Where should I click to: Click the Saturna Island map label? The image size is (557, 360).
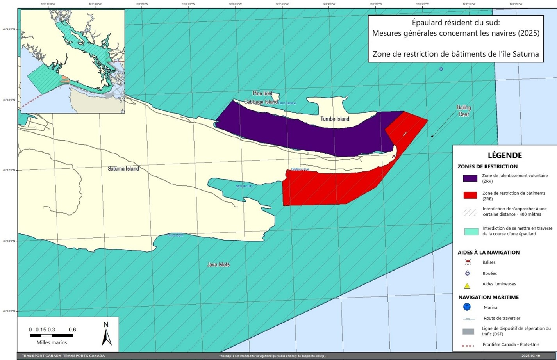click(x=123, y=169)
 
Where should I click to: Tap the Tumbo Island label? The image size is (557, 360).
click(x=335, y=119)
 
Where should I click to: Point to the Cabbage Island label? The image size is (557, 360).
click(x=261, y=102)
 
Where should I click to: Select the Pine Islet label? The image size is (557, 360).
click(x=262, y=93)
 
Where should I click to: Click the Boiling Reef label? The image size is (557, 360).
click(x=464, y=111)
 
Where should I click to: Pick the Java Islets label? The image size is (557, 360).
click(x=218, y=264)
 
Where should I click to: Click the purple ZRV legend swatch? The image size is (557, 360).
click(x=470, y=178)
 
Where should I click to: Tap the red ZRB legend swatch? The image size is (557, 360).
click(x=470, y=195)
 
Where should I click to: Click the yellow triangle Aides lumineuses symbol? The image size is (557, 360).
click(x=467, y=285)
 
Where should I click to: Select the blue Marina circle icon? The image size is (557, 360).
click(x=467, y=307)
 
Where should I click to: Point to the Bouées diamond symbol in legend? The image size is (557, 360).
click(x=467, y=273)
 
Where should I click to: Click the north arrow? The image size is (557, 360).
click(x=106, y=334)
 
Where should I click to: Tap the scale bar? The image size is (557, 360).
click(x=52, y=335)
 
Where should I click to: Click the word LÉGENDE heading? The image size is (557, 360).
click(x=505, y=155)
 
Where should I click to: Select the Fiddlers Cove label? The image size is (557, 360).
click(x=300, y=169)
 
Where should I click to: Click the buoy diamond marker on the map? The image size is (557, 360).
click(x=441, y=69)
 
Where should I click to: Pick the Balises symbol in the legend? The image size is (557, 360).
click(x=468, y=262)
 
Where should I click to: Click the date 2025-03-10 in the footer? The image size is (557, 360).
click(x=530, y=356)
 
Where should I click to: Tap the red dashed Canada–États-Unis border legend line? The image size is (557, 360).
click(x=468, y=346)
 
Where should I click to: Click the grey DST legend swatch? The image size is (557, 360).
click(x=468, y=331)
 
